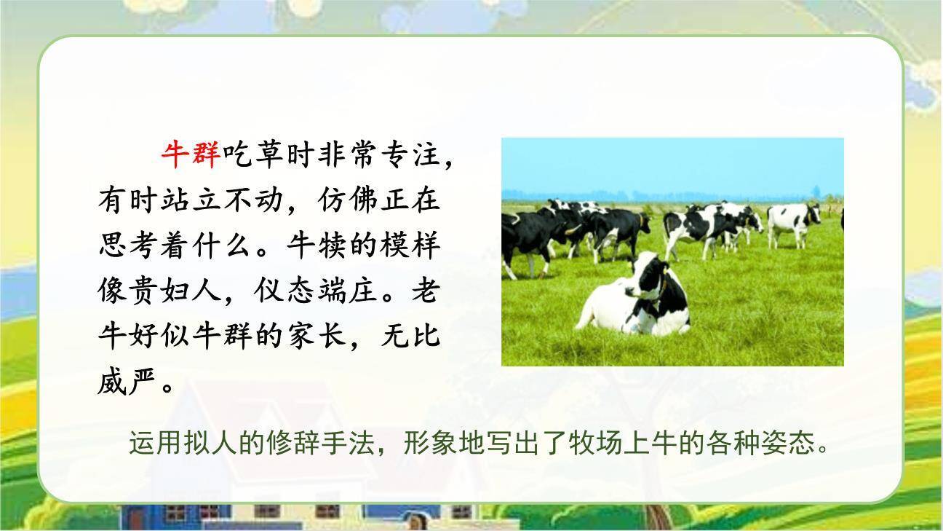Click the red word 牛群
(191, 154)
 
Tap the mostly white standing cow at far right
(793, 219)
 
